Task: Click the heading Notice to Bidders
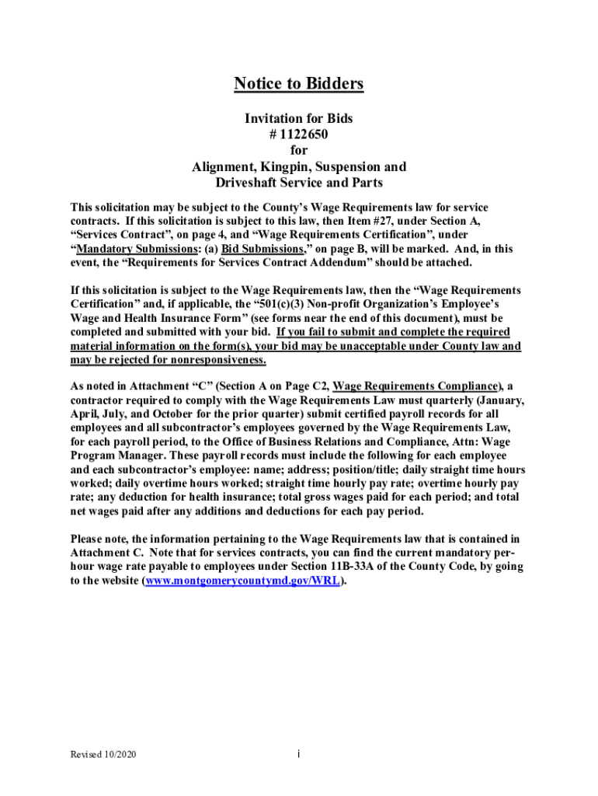click(x=299, y=84)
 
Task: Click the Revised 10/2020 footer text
click(x=104, y=755)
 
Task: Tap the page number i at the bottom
click(x=299, y=755)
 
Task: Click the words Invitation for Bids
click(x=299, y=118)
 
